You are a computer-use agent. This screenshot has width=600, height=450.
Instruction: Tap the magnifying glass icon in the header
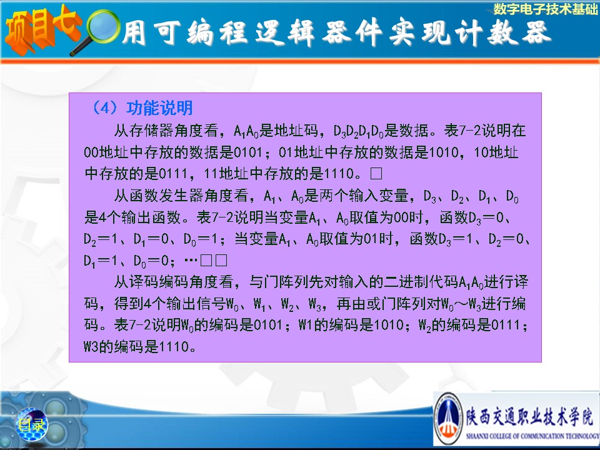click(x=96, y=32)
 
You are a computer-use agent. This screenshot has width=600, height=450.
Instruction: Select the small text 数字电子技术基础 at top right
click(x=545, y=9)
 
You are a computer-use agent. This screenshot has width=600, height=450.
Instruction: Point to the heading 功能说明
click(x=159, y=108)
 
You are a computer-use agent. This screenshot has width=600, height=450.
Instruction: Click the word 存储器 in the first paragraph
click(x=152, y=131)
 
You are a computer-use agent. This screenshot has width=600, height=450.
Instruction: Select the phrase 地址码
click(x=296, y=131)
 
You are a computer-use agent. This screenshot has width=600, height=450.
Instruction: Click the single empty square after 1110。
click(x=376, y=174)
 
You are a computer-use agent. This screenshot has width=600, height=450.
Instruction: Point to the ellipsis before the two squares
click(x=191, y=261)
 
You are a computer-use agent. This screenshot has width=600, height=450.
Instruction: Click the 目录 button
click(x=31, y=424)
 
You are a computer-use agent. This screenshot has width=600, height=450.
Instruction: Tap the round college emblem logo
click(x=449, y=418)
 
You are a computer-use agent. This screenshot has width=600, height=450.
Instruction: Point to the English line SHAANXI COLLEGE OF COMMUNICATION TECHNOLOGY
click(x=532, y=436)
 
